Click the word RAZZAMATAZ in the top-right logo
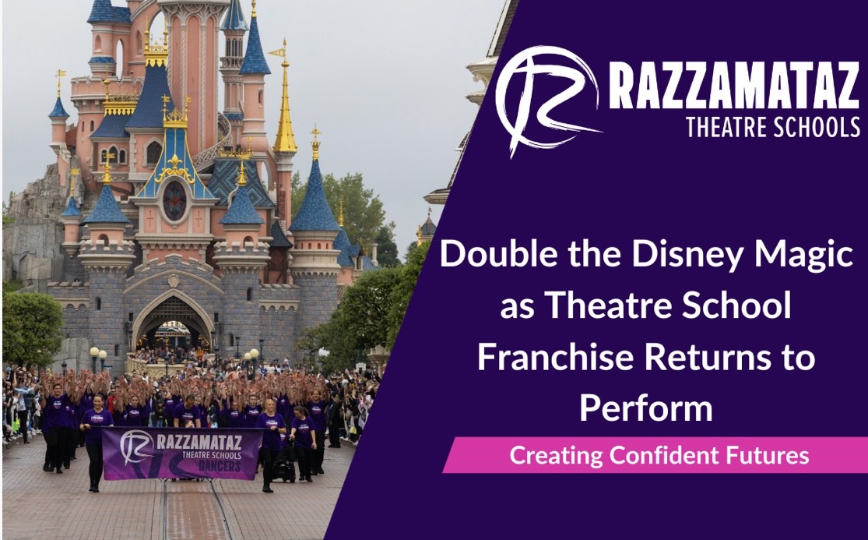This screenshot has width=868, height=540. [x=734, y=85]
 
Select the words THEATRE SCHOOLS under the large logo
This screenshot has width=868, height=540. [x=773, y=127]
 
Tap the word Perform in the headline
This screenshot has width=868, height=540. [x=646, y=408]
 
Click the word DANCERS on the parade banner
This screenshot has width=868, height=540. [x=220, y=466]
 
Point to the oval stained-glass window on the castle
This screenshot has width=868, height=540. [x=174, y=201]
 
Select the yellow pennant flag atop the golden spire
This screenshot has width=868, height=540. [x=277, y=53]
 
